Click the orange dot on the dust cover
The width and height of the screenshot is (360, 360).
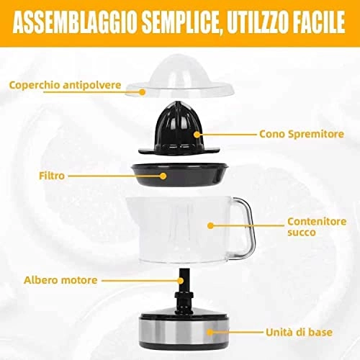point(143,92)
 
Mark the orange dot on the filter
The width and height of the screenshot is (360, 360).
point(163,175)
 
